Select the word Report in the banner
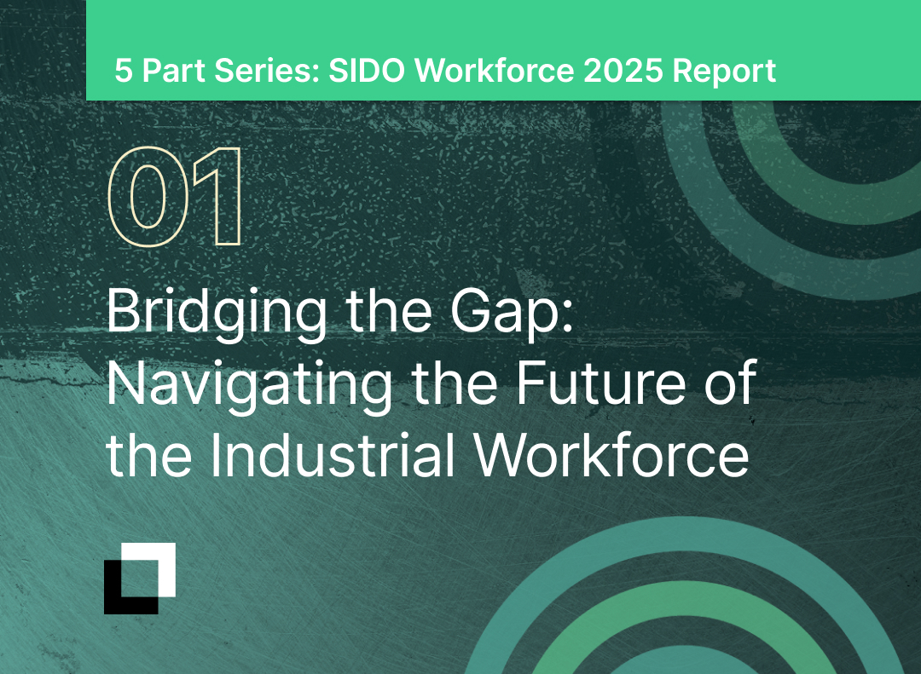pos(725,71)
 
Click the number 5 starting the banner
pos(124,71)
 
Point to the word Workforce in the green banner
pos(493,71)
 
